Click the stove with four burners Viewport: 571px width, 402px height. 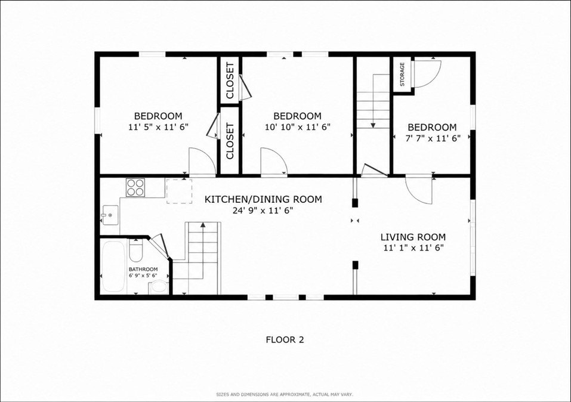point(135,187)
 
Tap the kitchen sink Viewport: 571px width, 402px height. point(110,215)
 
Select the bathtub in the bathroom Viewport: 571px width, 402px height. point(113,266)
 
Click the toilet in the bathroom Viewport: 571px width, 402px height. point(135,250)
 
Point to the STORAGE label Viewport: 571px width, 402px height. point(402,75)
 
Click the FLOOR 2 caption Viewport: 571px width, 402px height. point(285,340)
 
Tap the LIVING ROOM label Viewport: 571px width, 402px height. point(413,237)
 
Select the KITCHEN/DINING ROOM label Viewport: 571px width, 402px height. point(263,199)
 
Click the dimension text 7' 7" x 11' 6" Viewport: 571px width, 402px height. point(433,138)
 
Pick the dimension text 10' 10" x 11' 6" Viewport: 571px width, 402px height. point(298,127)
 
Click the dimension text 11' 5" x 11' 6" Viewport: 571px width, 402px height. point(158,127)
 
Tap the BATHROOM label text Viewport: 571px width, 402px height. point(143,269)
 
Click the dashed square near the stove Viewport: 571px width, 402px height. point(180,191)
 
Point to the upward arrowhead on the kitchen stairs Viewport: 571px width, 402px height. point(202,225)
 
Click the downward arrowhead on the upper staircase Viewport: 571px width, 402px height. point(374,126)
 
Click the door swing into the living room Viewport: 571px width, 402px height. point(419,190)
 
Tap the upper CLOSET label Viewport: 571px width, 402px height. point(230,81)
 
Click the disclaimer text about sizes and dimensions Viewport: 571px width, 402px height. point(285,394)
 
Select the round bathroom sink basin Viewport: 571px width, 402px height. point(158,287)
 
